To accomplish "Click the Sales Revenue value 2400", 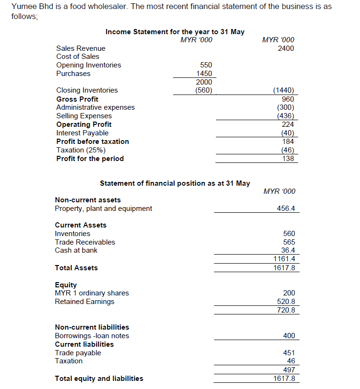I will pyautogui.click(x=286, y=48).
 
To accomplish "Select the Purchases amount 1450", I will pyautogui.click(x=204, y=74).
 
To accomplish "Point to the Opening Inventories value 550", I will pyautogui.click(x=206, y=65).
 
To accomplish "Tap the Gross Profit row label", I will pyautogui.click(x=77, y=99).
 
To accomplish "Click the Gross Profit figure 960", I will pyautogui.click(x=288, y=99).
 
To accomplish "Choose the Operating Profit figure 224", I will pyautogui.click(x=288, y=124).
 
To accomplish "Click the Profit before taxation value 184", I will pyautogui.click(x=288, y=142).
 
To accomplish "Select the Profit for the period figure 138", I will pyautogui.click(x=288, y=159).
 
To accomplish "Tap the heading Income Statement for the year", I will pyautogui.click(x=175, y=32).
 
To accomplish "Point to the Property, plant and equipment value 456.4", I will pyautogui.click(x=285, y=209).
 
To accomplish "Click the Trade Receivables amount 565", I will pyautogui.click(x=289, y=242).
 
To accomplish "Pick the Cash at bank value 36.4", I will pyautogui.click(x=288, y=250).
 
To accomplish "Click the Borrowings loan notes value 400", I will pyautogui.click(x=289, y=336).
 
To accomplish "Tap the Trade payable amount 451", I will pyautogui.click(x=289, y=353).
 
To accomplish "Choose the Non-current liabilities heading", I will pyautogui.click(x=92, y=327).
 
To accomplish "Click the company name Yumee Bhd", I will pyautogui.click(x=29, y=7).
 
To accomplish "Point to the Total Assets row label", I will pyautogui.click(x=76, y=268).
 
